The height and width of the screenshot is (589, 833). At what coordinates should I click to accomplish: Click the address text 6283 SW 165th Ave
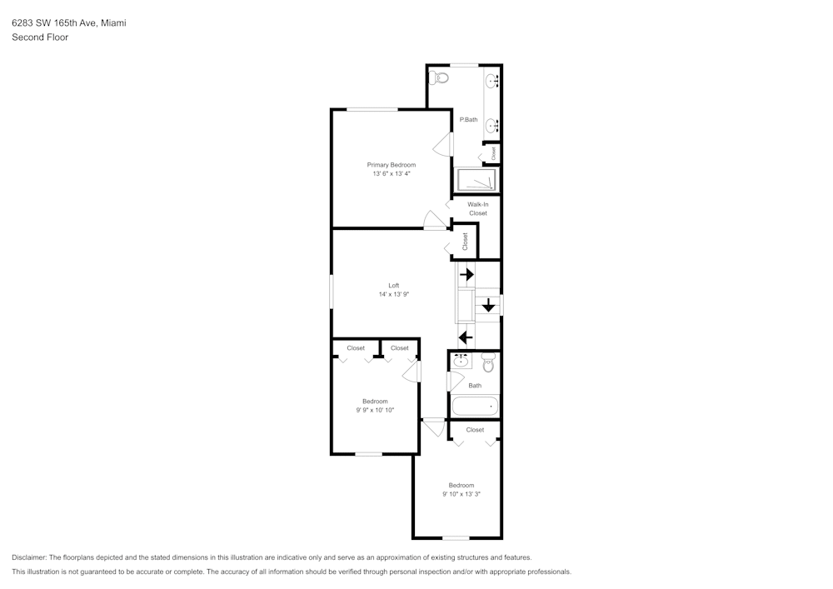click(x=53, y=23)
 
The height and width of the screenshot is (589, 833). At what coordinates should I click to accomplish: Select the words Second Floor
click(x=40, y=37)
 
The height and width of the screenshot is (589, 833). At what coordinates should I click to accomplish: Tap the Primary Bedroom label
click(x=391, y=165)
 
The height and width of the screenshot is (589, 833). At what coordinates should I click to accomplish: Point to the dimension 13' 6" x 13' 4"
click(x=391, y=174)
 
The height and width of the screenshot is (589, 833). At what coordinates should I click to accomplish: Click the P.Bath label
click(x=469, y=120)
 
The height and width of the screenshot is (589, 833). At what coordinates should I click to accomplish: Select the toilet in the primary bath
click(x=441, y=77)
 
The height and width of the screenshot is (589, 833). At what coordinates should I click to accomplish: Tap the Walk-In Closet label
click(x=477, y=208)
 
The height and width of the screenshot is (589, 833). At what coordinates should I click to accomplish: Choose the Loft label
click(x=393, y=286)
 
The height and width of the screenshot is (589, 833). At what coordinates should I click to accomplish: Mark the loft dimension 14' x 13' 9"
click(x=393, y=294)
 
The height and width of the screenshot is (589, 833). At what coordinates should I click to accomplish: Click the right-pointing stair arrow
click(x=466, y=274)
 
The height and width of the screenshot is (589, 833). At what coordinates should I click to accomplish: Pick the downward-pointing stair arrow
click(x=488, y=307)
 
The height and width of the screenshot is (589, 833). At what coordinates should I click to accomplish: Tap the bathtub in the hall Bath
click(x=475, y=407)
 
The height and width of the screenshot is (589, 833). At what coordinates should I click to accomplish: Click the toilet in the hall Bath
click(x=489, y=363)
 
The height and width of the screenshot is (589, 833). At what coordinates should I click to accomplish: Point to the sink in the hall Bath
click(x=461, y=362)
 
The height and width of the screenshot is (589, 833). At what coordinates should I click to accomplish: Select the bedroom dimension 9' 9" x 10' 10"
click(x=375, y=410)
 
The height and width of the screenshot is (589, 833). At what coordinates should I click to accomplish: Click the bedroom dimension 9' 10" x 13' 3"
click(x=461, y=494)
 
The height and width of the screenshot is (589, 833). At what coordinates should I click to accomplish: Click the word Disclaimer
click(x=29, y=557)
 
